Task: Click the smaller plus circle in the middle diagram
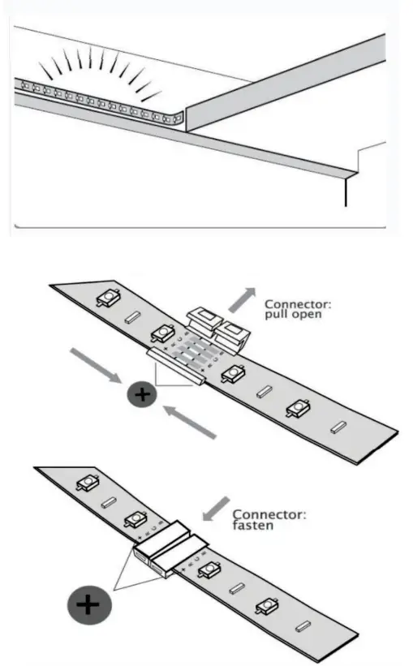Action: click(x=143, y=396)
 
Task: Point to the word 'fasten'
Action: click(x=252, y=525)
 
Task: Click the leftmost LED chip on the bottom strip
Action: click(x=84, y=485)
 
